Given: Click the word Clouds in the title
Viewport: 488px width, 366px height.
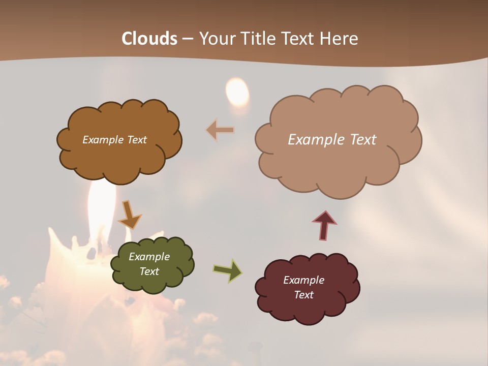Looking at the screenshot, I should pos(149,39).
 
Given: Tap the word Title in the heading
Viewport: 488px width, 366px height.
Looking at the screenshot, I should pos(258,39).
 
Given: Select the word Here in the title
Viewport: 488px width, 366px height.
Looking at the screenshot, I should pos(340,39).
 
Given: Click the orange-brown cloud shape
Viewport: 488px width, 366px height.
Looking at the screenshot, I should pos(119,158).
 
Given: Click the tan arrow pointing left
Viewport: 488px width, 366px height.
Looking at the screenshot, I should pos(221,130).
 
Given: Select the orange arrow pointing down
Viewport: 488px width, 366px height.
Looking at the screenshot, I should pos(129,215).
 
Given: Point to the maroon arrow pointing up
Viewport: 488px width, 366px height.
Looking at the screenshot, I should pos(324,225).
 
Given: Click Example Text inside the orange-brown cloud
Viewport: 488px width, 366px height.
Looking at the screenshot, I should pos(114,140).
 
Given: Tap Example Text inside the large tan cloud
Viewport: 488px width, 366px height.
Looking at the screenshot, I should pos(332,140).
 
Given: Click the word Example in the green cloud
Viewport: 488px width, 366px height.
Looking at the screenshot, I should pos(149,257).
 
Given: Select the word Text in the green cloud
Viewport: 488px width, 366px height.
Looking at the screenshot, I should pos(149,271).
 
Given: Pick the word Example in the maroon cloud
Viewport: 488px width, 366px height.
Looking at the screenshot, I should pos(303,280).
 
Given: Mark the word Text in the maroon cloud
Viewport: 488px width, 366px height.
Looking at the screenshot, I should pos(303,295).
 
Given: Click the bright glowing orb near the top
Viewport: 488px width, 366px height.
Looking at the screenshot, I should pos(237,91).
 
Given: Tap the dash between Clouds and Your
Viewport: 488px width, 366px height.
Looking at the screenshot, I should pos(188,39).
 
